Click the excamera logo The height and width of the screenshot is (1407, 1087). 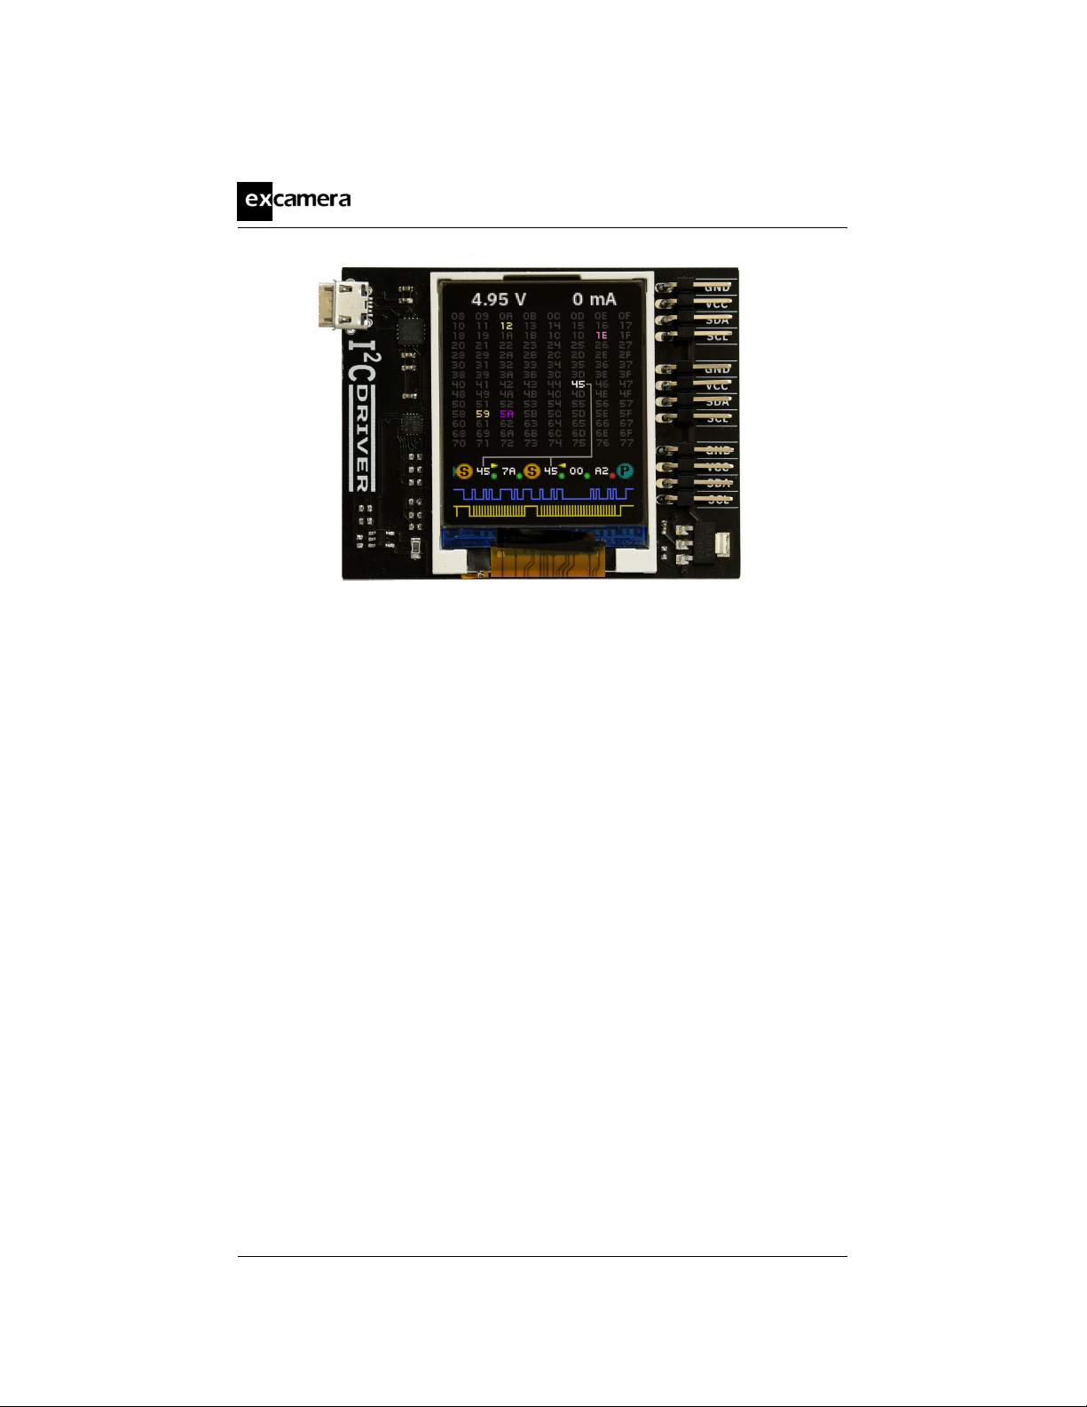pos(294,200)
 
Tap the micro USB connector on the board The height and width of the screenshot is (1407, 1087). pos(340,304)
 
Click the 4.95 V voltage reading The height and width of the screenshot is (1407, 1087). pos(498,299)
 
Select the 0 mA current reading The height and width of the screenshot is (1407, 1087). pos(594,299)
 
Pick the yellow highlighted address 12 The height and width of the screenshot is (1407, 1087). pos(506,326)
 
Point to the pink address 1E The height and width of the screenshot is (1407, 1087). pos(602,336)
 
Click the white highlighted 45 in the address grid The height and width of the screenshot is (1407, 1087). pos(578,384)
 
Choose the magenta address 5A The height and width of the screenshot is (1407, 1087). pos(506,414)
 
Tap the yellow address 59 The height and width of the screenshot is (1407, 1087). pos(482,414)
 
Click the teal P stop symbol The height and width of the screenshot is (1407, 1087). pos(626,471)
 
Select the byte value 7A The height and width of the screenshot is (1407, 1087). pos(508,471)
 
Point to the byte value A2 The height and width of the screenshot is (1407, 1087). pos(602,471)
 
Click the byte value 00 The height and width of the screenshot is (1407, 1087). pos(577,471)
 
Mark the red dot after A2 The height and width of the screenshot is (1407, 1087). pos(612,477)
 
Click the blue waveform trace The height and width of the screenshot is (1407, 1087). pos(542,494)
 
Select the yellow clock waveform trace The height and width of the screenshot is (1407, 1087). pos(542,510)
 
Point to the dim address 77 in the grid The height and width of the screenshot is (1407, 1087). pos(626,443)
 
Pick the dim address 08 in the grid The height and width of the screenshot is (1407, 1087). pos(458,316)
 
